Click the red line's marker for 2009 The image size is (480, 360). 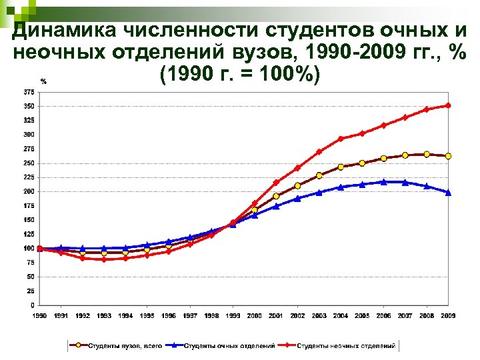(x=448, y=105)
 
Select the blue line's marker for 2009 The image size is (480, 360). (x=448, y=193)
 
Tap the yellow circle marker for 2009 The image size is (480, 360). (x=448, y=156)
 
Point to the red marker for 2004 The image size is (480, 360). (x=341, y=139)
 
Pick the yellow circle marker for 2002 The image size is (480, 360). (x=297, y=185)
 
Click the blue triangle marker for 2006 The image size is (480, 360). (x=383, y=181)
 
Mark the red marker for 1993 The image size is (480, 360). (x=104, y=259)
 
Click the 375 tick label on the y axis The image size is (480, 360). (x=29, y=91)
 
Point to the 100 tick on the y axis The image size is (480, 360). (x=29, y=248)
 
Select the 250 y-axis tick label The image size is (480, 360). (x=29, y=163)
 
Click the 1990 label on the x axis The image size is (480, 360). (x=40, y=315)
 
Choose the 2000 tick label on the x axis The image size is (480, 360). (x=255, y=315)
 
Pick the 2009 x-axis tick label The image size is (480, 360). (x=448, y=315)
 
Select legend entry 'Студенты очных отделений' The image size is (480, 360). (x=229, y=346)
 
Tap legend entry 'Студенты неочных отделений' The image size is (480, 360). (x=346, y=346)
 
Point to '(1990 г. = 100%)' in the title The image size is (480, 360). (x=241, y=73)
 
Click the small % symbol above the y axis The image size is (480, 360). (x=43, y=81)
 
